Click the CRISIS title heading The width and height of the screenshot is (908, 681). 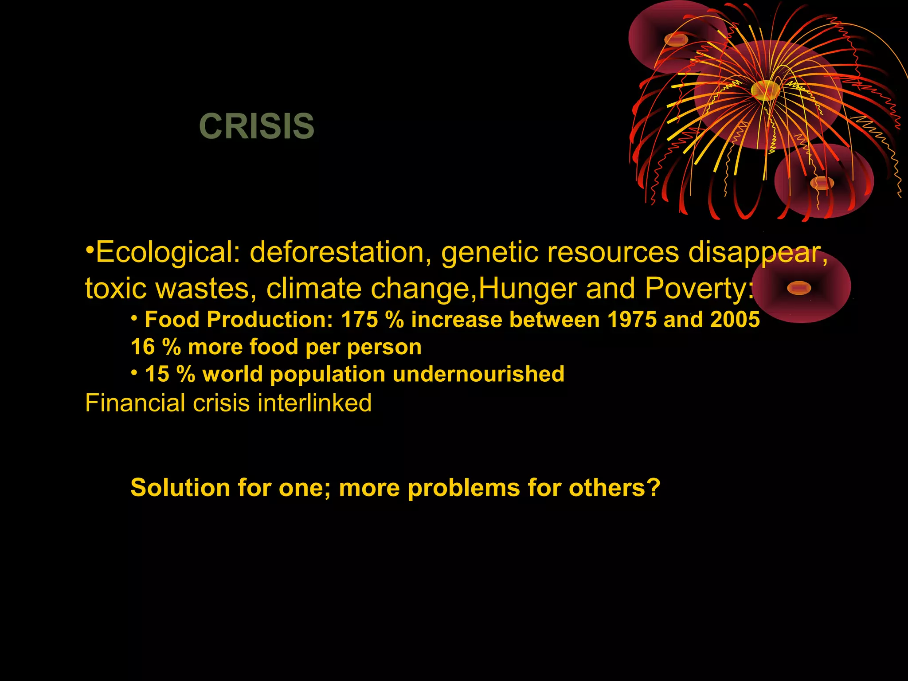coord(257,126)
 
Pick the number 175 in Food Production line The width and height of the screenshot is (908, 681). coord(360,320)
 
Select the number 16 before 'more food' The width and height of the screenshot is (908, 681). coord(143,347)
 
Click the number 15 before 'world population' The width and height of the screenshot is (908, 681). coord(157,374)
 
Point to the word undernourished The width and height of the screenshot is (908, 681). coord(478,374)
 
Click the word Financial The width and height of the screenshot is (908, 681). coord(135,403)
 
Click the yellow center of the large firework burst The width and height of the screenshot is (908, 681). coord(766,90)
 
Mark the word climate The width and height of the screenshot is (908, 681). coord(314,289)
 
